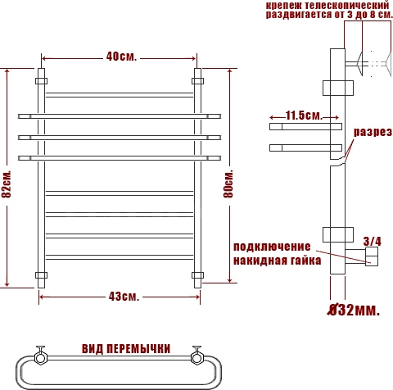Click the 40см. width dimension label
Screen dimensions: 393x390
[121, 57]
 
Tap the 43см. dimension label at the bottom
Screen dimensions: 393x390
[124, 297]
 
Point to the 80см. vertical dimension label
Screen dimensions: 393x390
[228, 184]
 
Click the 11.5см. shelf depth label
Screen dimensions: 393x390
[304, 116]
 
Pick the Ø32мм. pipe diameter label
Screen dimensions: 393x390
[354, 311]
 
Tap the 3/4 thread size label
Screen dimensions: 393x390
[373, 242]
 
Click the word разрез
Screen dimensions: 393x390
[373, 132]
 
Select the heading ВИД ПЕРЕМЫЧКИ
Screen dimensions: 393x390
[126, 349]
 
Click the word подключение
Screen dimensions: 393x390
[272, 247]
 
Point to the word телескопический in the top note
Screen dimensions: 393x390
[346, 5]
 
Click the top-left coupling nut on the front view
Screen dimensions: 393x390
[41, 81]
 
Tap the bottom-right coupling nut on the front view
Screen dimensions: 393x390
[197, 275]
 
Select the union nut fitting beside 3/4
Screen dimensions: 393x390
[372, 256]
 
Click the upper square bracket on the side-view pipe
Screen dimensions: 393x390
[338, 88]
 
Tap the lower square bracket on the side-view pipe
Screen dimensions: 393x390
[338, 234]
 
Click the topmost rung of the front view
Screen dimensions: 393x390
[120, 95]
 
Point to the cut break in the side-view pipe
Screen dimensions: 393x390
[338, 161]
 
